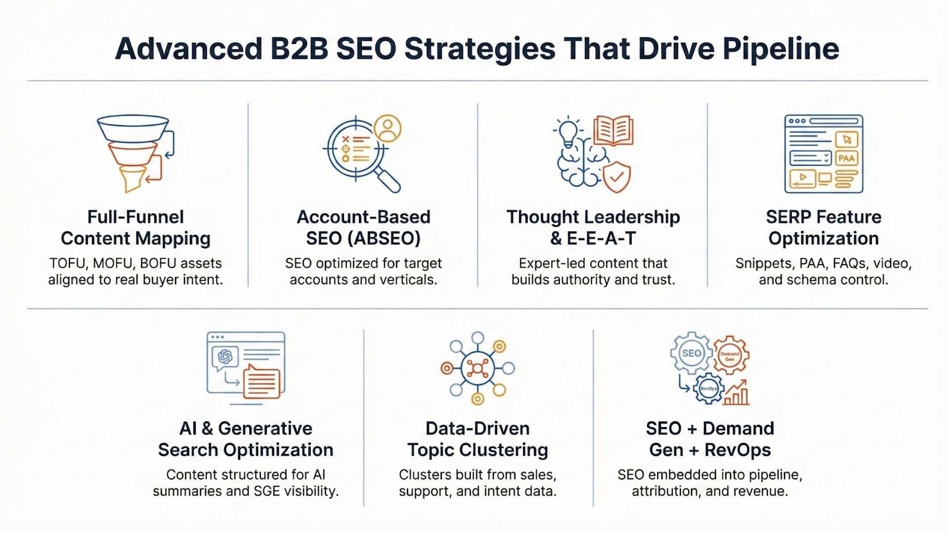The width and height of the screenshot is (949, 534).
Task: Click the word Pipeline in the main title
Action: [x=781, y=50]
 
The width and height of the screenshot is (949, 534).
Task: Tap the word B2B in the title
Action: [x=299, y=49]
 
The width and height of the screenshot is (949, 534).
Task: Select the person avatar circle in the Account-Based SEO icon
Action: [x=387, y=128]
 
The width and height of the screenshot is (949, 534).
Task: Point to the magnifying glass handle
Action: [x=388, y=180]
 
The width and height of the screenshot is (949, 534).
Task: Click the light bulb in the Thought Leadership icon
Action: [x=568, y=131]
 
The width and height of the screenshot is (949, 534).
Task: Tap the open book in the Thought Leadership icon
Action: [x=613, y=130]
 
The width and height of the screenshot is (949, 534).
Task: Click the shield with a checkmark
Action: [x=616, y=177]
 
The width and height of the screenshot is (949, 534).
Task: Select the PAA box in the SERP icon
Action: [x=846, y=158]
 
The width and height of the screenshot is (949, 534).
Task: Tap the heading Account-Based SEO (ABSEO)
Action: [x=364, y=228]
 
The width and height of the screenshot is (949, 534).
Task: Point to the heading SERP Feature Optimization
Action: [x=824, y=228]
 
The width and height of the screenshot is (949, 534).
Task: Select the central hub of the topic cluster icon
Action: [x=477, y=368]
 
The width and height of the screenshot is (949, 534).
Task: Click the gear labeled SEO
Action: [x=692, y=353]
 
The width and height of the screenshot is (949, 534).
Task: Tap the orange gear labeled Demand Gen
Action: [x=730, y=355]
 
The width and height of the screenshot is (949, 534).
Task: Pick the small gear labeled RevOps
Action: [x=709, y=388]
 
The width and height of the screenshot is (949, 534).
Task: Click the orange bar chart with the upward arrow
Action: [x=736, y=392]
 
